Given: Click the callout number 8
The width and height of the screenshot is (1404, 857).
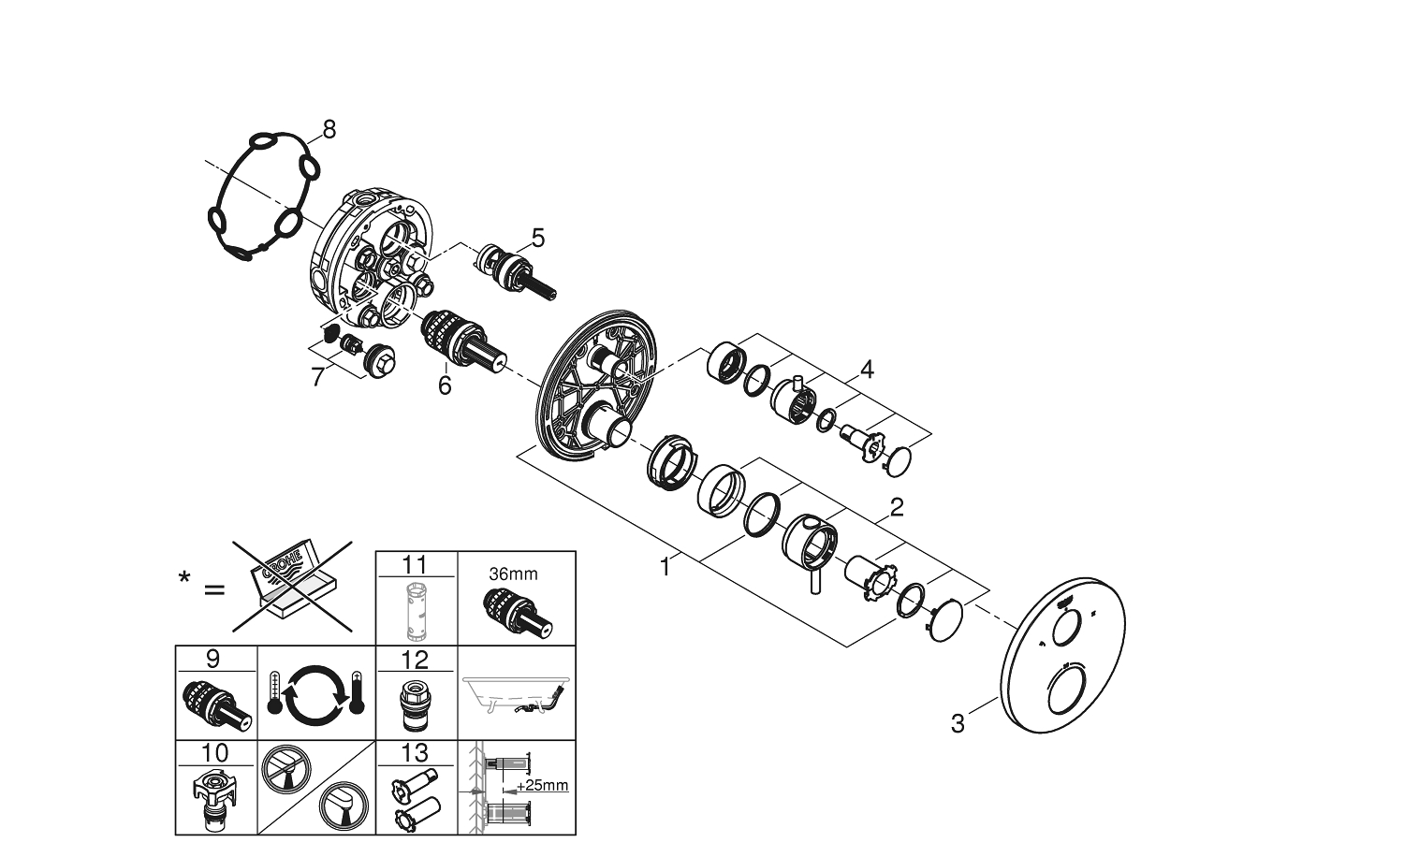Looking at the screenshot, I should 329,129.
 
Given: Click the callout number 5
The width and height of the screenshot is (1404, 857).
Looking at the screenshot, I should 536,238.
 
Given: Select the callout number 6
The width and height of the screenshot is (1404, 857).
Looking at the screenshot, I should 445,385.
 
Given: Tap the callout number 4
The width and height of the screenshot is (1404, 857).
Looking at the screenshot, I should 867,370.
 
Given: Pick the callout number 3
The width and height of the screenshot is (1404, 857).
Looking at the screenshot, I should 957,723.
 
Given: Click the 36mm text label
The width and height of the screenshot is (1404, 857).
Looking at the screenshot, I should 514,574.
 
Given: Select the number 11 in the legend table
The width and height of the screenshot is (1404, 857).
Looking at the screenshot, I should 415,563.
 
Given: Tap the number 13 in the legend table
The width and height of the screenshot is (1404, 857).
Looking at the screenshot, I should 415,752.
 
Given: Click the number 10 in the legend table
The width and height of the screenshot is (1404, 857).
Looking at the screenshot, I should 214,752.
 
